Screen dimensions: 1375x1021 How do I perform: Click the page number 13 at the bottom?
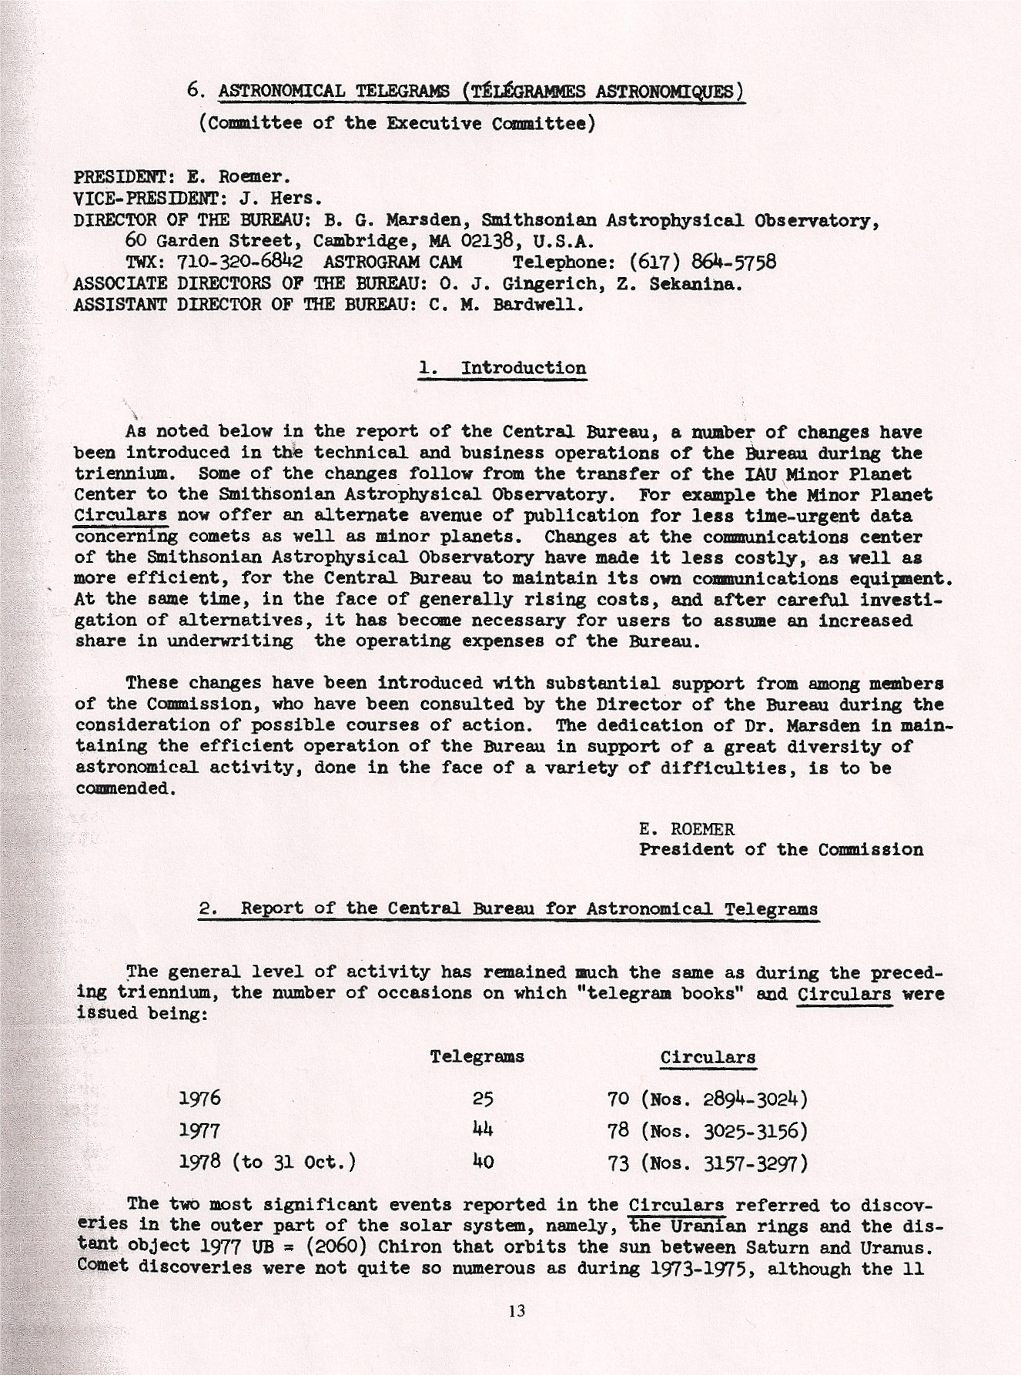click(x=517, y=1310)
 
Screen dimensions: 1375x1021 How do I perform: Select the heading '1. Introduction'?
click(x=502, y=368)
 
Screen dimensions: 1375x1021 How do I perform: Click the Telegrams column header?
click(x=477, y=1056)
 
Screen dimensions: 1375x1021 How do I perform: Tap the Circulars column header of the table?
click(x=708, y=1057)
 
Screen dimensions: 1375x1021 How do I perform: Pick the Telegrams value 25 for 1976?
click(x=483, y=1099)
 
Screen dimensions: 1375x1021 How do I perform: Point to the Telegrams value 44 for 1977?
click(x=483, y=1130)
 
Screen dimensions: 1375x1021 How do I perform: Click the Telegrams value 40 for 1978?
click(x=483, y=1161)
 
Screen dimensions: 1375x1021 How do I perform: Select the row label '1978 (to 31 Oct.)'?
click(x=267, y=1161)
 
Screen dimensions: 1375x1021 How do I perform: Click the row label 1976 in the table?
click(x=199, y=1099)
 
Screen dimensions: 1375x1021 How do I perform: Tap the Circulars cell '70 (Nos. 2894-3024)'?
click(x=708, y=1099)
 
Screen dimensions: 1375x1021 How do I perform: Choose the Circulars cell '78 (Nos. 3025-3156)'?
click(x=708, y=1130)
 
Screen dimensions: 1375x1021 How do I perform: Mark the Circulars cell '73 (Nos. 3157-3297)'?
click(x=708, y=1161)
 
